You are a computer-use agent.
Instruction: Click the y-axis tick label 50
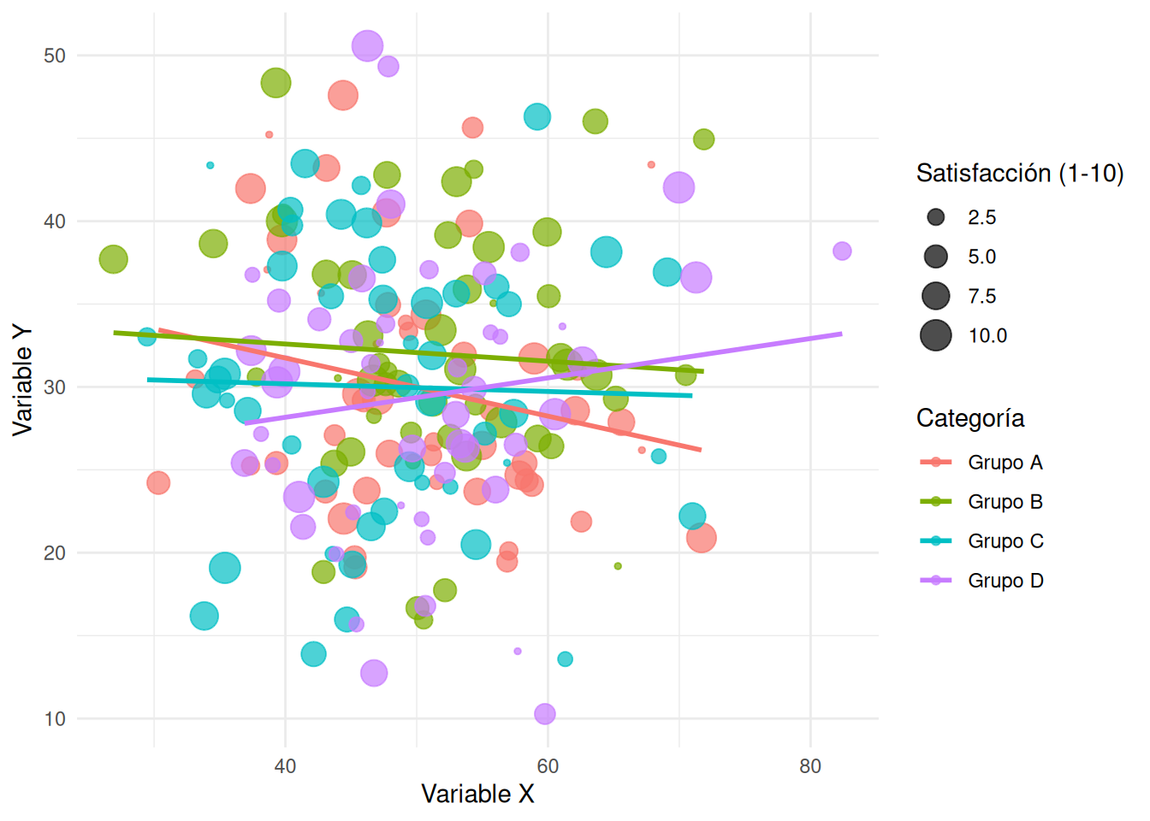click(54, 56)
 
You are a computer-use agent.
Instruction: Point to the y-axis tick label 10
click(54, 719)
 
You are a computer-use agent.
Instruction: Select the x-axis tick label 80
click(809, 766)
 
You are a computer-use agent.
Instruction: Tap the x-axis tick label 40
click(285, 766)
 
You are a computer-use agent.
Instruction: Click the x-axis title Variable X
click(477, 794)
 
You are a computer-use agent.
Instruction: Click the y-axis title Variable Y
click(22, 380)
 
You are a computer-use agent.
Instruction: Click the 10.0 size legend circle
click(936, 335)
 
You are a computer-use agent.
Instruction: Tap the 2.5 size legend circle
click(936, 217)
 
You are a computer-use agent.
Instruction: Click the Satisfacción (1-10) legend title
click(1019, 174)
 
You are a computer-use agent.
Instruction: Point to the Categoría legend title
click(969, 418)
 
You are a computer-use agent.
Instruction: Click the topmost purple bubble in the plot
click(367, 45)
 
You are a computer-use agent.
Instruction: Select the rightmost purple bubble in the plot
click(842, 251)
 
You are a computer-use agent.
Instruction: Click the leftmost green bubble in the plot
click(113, 259)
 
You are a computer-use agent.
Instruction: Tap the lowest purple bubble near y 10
click(544, 713)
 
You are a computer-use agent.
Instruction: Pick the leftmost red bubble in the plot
click(157, 483)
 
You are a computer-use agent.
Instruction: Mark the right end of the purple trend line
click(841, 334)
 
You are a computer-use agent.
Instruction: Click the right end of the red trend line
click(700, 450)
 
